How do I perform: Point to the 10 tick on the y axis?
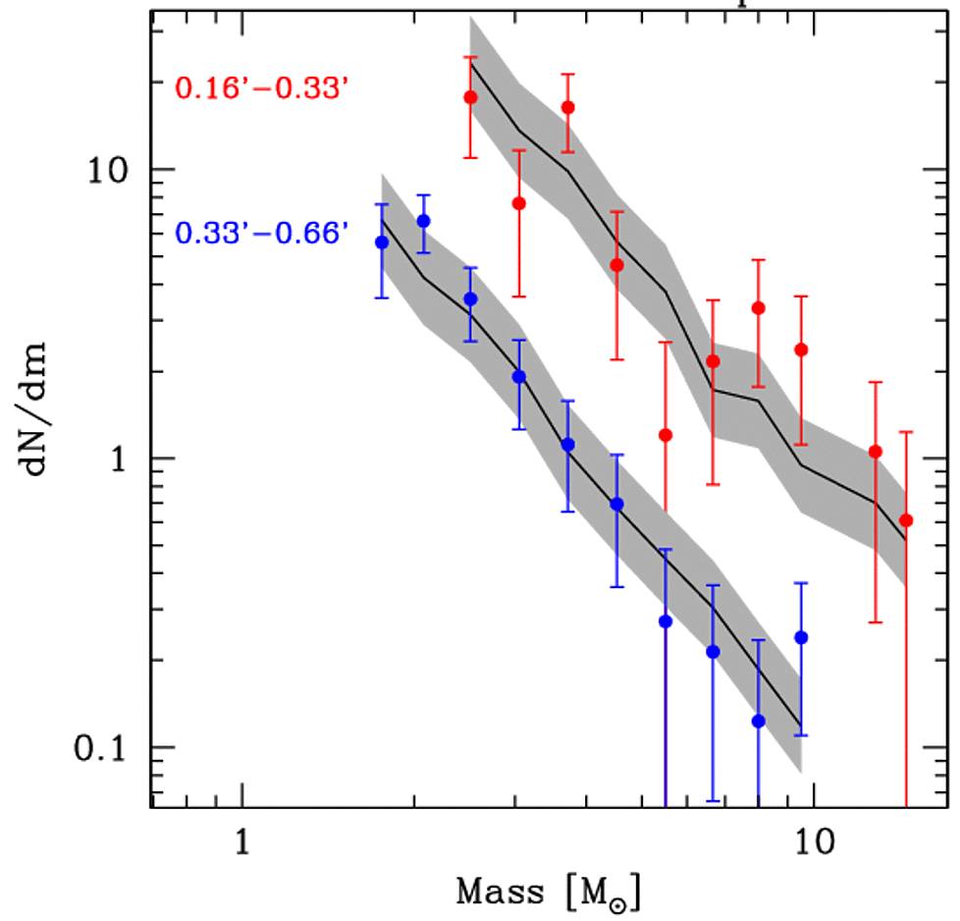118,170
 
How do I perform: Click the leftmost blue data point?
382,243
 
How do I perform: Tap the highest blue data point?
423,221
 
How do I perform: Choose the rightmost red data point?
906,520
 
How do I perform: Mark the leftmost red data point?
470,97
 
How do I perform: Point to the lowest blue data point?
758,721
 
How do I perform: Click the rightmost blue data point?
801,637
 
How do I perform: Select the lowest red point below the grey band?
666,435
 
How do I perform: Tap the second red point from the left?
518,203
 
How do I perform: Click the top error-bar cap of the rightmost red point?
906,431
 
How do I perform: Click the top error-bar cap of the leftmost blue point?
382,204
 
